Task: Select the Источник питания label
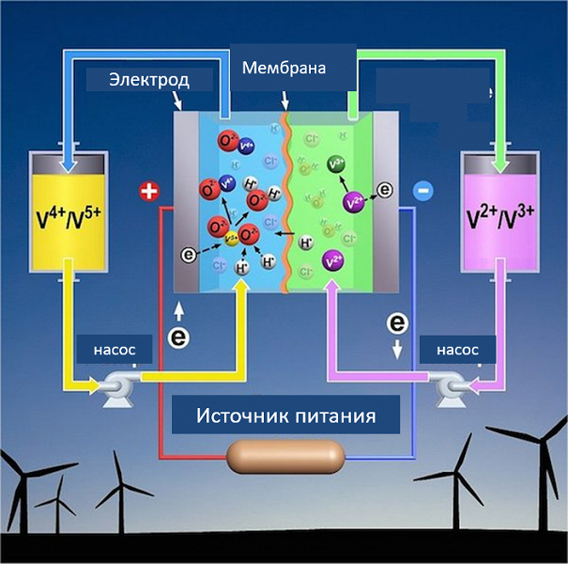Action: point(286,415)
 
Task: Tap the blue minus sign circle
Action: point(422,191)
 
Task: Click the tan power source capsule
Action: point(287,459)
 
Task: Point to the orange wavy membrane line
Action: point(289,207)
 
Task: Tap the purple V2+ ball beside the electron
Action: point(355,202)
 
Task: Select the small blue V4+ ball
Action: point(247,146)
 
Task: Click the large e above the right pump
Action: point(398,324)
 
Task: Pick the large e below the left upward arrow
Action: point(176,337)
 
